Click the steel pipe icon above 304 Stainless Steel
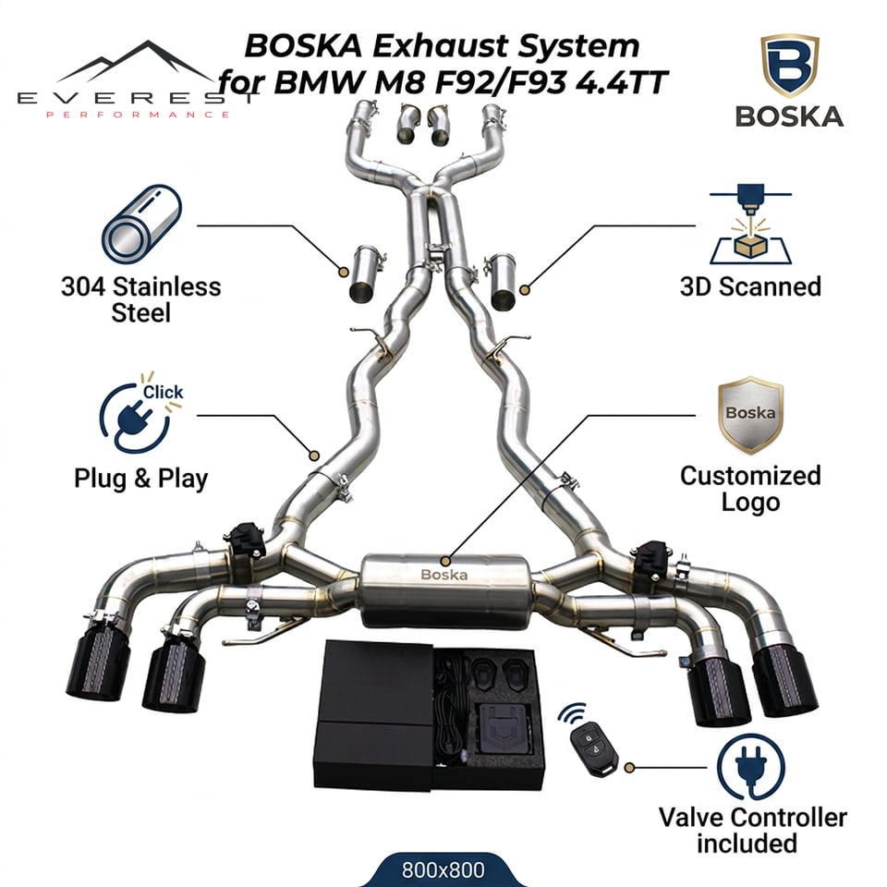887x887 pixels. point(141,224)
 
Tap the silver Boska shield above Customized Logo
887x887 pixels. point(750,415)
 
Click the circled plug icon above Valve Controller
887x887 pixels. point(750,767)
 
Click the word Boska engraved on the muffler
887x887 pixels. point(444,575)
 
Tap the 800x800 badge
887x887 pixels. point(443,869)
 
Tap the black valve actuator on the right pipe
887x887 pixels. point(651,560)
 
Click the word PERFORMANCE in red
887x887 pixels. point(138,115)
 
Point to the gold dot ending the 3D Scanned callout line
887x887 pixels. point(525,290)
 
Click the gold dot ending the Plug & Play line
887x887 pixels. point(314,456)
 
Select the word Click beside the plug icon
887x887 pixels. point(163,392)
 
